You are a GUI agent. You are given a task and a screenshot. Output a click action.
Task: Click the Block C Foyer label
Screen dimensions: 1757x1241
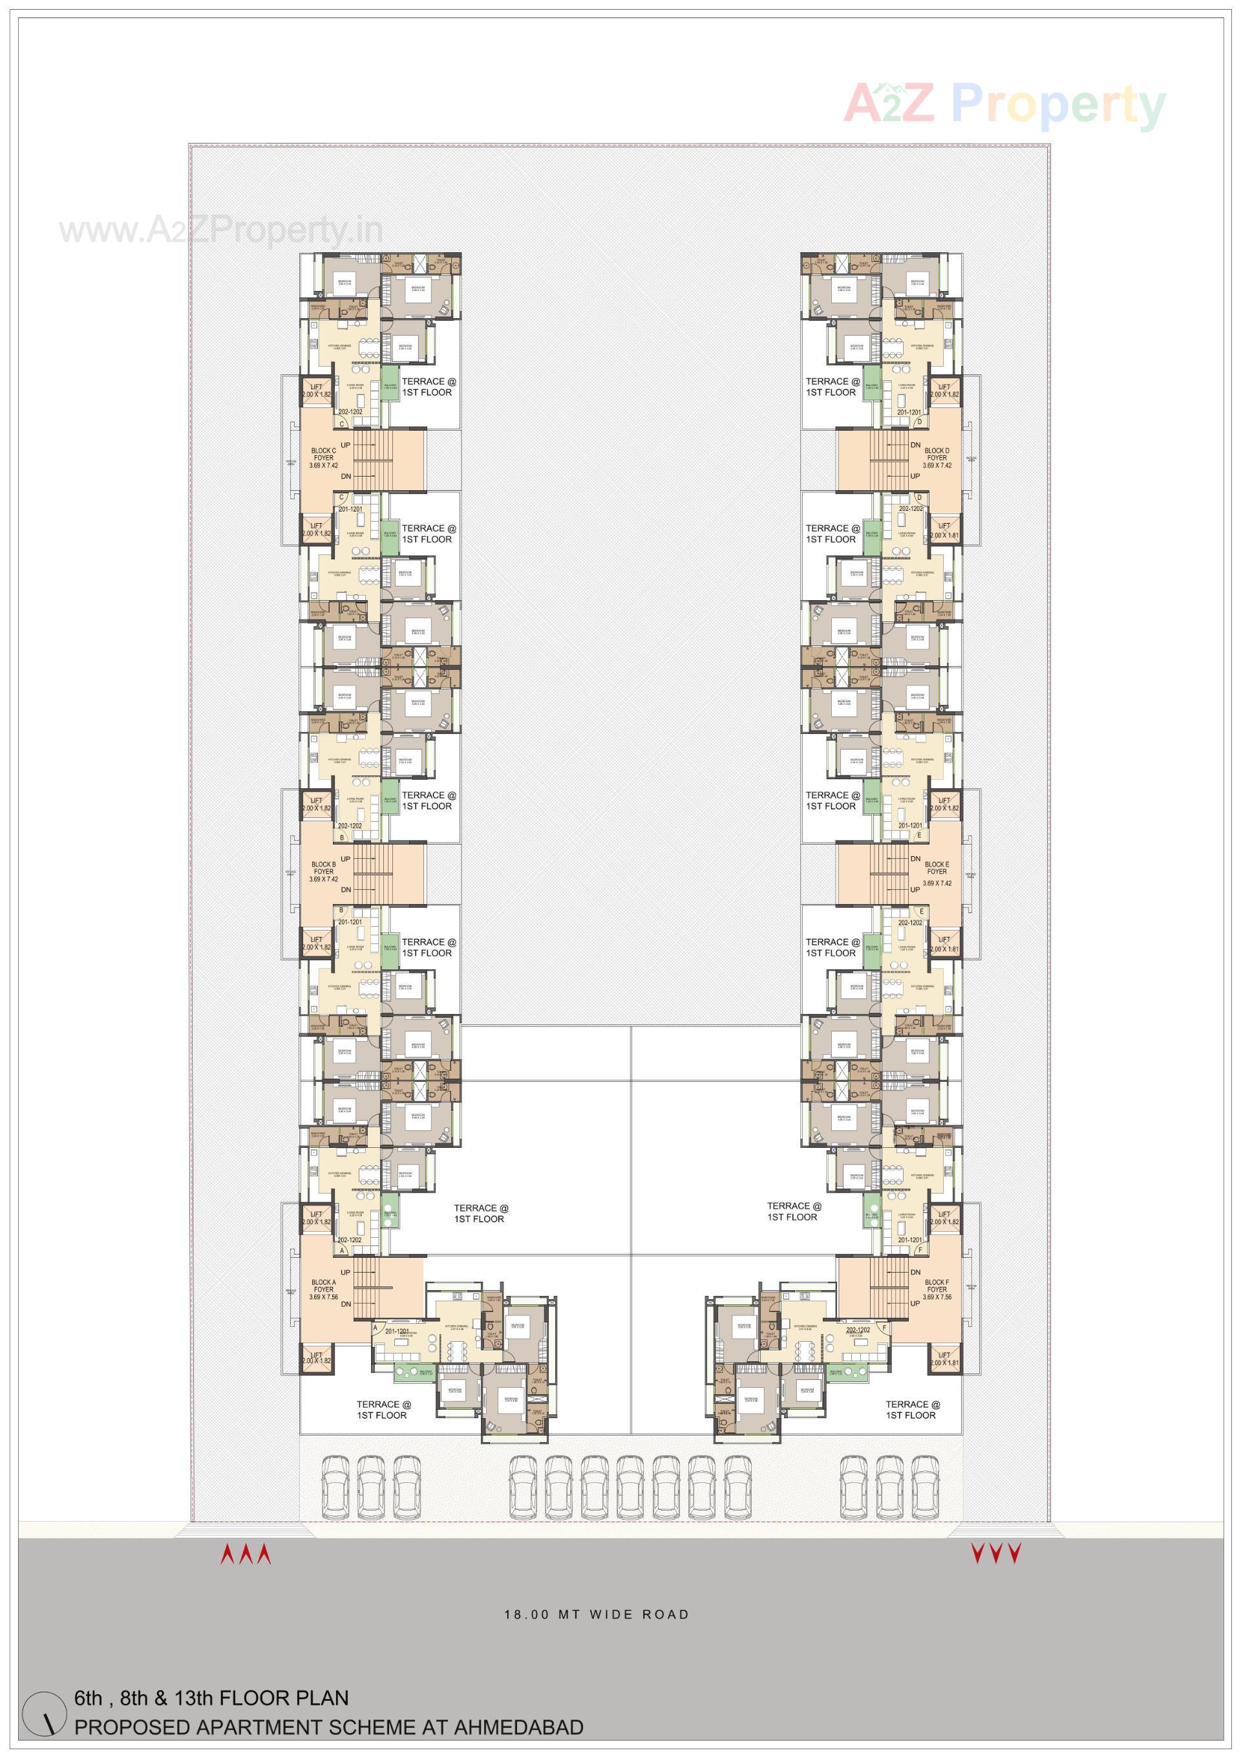coord(323,458)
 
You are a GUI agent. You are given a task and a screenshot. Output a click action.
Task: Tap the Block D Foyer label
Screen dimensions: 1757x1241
coord(937,458)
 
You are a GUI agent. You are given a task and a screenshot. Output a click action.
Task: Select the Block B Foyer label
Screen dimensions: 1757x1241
coord(323,872)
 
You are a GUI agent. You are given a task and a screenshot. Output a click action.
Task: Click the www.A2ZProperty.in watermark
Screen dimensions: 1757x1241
coord(221,230)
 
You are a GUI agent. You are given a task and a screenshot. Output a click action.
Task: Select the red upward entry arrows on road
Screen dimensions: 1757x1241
coord(246,1554)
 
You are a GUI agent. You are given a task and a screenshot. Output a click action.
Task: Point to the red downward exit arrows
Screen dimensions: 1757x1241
coord(995,1554)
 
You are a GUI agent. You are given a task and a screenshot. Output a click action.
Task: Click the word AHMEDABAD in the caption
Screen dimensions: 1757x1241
coord(518,1727)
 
